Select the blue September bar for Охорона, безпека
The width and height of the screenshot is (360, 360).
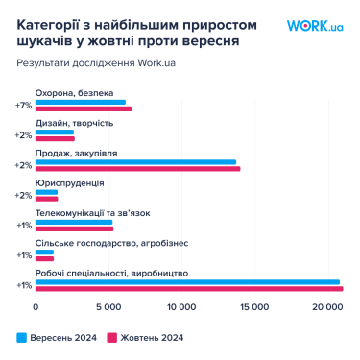tap(80, 102)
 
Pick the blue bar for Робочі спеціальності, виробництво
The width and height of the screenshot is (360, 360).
tap(187, 282)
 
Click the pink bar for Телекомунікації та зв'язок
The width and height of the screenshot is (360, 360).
tap(74, 228)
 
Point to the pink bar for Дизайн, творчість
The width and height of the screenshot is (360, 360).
tap(55, 138)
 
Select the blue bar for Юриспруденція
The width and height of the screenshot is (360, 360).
tap(46, 192)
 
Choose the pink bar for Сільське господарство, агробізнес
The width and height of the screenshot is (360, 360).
tap(44, 258)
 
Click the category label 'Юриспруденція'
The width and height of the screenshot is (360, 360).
tap(69, 182)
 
